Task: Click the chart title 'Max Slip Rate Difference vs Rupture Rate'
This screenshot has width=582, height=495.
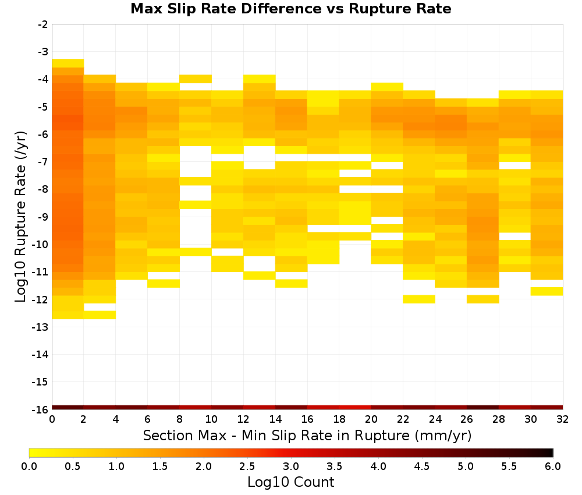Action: (290, 9)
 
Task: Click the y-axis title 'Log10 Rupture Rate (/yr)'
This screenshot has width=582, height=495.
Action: (20, 217)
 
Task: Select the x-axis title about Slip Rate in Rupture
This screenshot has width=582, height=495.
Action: (307, 436)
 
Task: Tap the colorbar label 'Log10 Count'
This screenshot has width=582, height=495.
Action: (290, 482)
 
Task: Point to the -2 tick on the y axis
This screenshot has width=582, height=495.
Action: (43, 24)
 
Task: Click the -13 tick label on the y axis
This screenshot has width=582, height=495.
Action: (40, 327)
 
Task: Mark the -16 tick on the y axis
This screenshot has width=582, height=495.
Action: (40, 409)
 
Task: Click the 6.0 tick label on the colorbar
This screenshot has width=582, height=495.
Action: (553, 466)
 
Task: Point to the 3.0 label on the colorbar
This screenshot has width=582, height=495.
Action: (291, 466)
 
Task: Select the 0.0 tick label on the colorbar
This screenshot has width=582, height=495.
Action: (29, 466)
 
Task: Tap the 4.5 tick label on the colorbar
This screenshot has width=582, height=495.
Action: (422, 466)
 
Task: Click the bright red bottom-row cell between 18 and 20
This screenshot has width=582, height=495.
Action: (355, 408)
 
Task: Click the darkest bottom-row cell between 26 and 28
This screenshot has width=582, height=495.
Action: (483, 408)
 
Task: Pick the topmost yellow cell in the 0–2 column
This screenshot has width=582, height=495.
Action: (68, 63)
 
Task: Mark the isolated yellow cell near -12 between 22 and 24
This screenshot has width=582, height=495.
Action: (419, 299)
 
